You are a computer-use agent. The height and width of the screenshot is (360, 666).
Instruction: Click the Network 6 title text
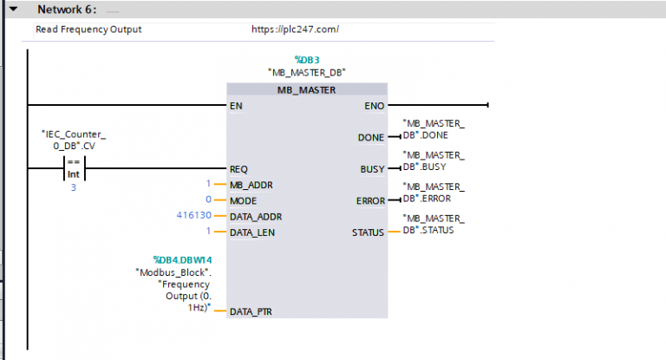(x=66, y=10)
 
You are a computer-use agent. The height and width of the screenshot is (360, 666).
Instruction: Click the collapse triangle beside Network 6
(x=13, y=10)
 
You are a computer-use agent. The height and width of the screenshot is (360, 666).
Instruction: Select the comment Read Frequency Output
(x=88, y=29)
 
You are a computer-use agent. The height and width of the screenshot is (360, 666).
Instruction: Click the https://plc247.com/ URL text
(x=294, y=29)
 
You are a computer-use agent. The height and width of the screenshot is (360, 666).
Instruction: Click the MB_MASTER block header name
(x=306, y=89)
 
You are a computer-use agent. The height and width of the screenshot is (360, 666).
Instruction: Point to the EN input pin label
(x=236, y=106)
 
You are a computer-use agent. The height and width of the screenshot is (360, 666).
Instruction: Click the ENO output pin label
(x=373, y=106)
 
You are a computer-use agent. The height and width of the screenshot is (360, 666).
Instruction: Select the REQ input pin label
(x=239, y=169)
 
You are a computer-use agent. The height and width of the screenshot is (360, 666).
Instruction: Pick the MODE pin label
(x=244, y=200)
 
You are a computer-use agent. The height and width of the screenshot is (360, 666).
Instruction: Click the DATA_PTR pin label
(x=250, y=311)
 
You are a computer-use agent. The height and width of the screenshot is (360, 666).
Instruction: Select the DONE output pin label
(x=370, y=138)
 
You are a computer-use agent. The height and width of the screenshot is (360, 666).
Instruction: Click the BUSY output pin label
(x=372, y=169)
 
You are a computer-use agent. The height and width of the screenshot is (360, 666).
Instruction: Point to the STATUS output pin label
(x=367, y=232)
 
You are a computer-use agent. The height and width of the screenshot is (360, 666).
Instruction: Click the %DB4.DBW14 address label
(x=184, y=259)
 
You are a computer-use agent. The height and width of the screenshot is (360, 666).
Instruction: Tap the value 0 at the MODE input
(x=208, y=200)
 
